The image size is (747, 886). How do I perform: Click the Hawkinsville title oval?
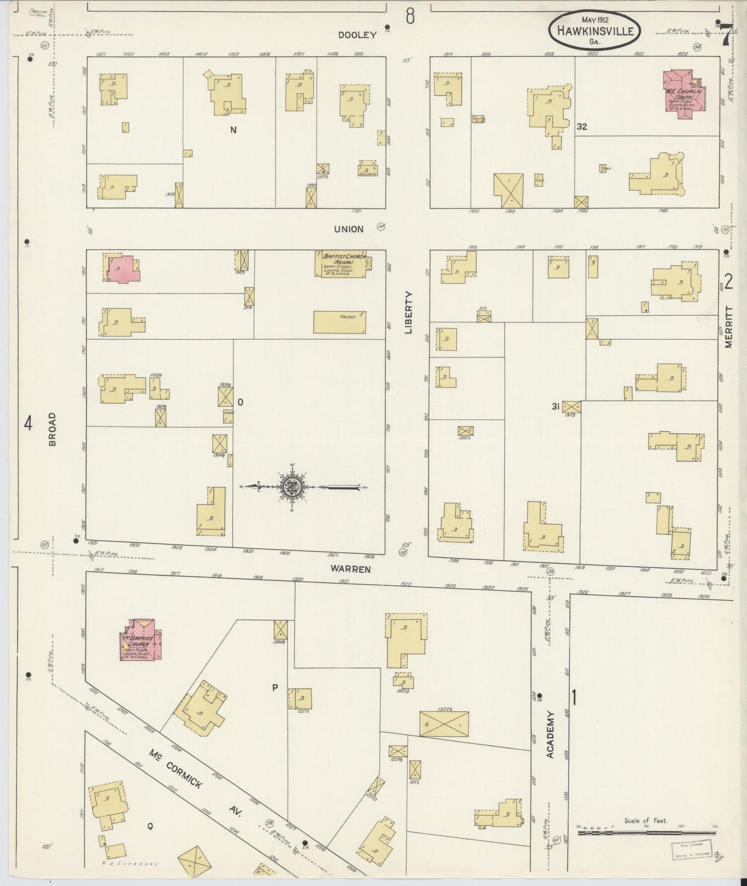point(595,30)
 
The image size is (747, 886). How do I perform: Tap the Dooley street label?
point(357,35)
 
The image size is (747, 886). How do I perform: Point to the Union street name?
point(348,229)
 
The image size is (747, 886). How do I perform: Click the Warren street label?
point(352,569)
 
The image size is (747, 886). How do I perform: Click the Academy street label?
point(550,735)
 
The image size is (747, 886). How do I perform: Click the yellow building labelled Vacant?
point(340,322)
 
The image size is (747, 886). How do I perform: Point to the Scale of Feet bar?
point(646,833)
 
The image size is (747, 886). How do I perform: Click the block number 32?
point(582,127)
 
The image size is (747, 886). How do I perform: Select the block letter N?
point(233,130)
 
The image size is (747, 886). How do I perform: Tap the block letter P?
point(275,688)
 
